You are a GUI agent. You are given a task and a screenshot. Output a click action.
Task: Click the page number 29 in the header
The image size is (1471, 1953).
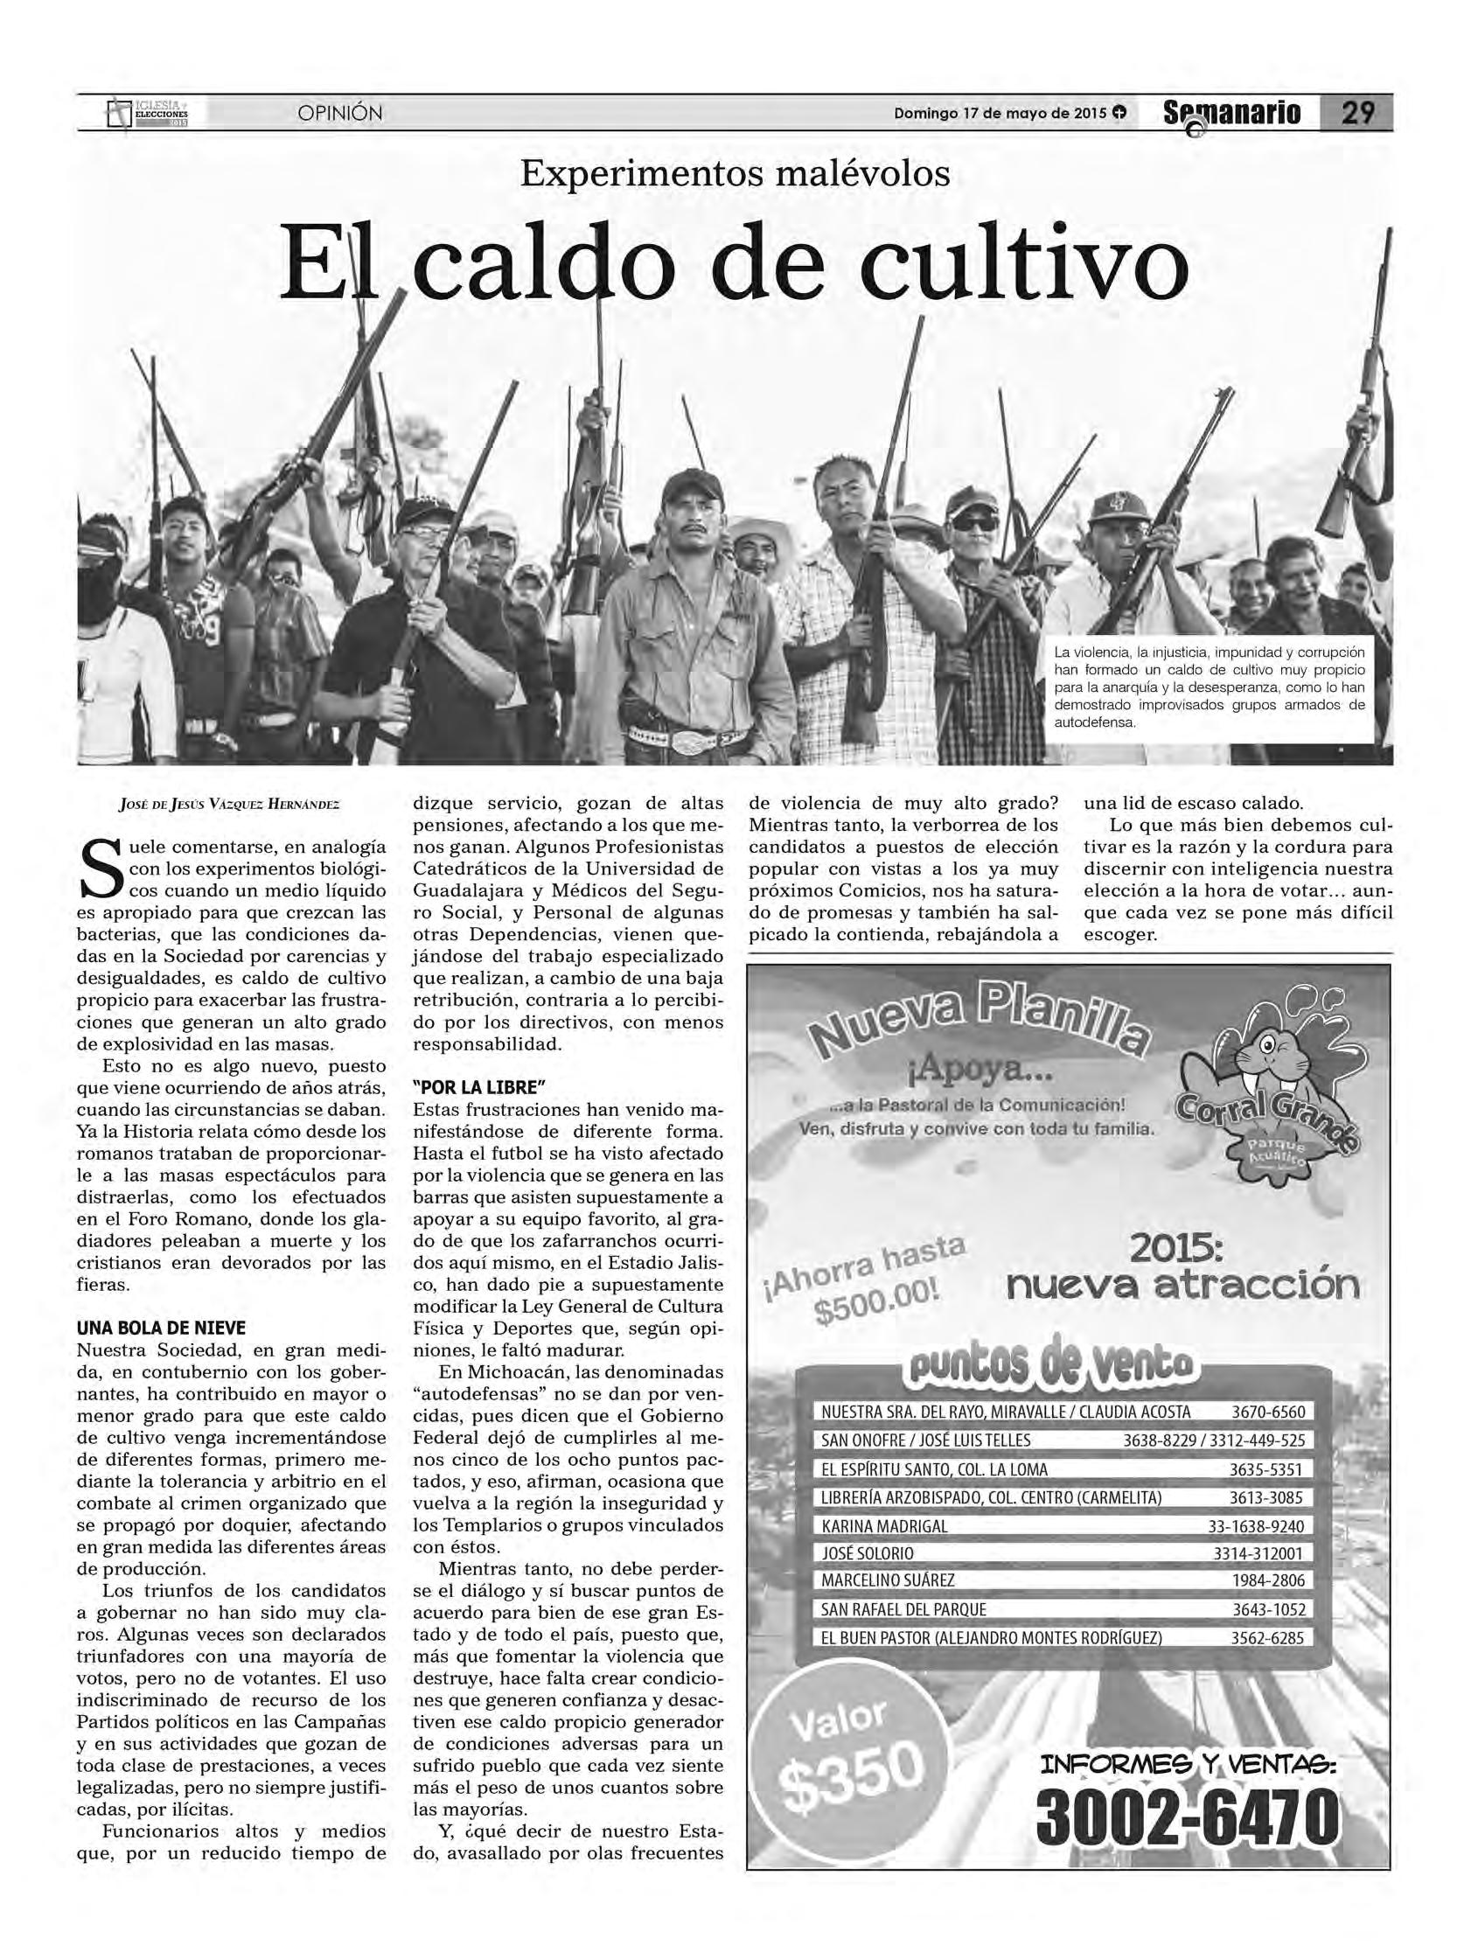click(x=1356, y=113)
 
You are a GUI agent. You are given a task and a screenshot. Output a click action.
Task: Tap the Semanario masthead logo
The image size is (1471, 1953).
click(x=1231, y=114)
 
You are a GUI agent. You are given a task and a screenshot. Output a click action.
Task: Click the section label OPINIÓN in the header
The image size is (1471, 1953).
click(x=340, y=113)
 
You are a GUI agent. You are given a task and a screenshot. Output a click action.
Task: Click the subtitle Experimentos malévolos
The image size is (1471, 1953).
click(x=735, y=173)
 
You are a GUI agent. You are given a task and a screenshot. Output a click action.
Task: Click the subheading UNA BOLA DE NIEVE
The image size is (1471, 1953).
click(x=161, y=1327)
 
